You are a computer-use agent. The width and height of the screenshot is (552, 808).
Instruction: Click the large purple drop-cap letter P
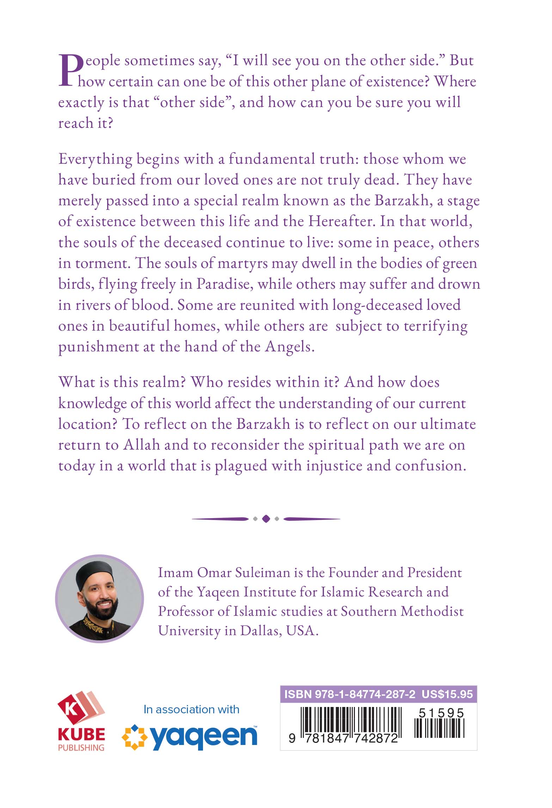click(x=70, y=70)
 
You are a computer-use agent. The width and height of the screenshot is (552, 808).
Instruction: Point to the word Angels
click(x=289, y=347)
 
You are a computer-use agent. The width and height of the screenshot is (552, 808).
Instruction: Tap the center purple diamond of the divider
click(x=266, y=519)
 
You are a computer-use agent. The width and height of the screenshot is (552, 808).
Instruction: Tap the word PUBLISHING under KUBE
click(x=81, y=747)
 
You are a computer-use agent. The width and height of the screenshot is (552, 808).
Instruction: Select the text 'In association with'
click(x=191, y=709)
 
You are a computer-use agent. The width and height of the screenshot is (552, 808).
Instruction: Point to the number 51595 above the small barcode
click(x=441, y=713)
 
